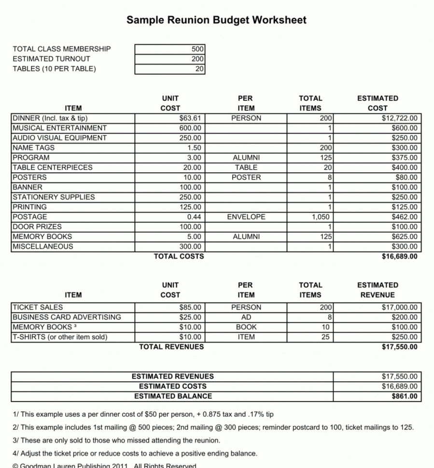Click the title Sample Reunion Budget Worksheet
tap(216, 20)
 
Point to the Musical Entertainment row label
tap(60, 128)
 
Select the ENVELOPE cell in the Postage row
tap(246, 217)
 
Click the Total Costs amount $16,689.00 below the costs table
tap(399, 257)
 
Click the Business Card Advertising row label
tap(67, 317)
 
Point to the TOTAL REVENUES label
tap(171, 346)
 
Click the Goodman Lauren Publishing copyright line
tap(104, 465)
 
